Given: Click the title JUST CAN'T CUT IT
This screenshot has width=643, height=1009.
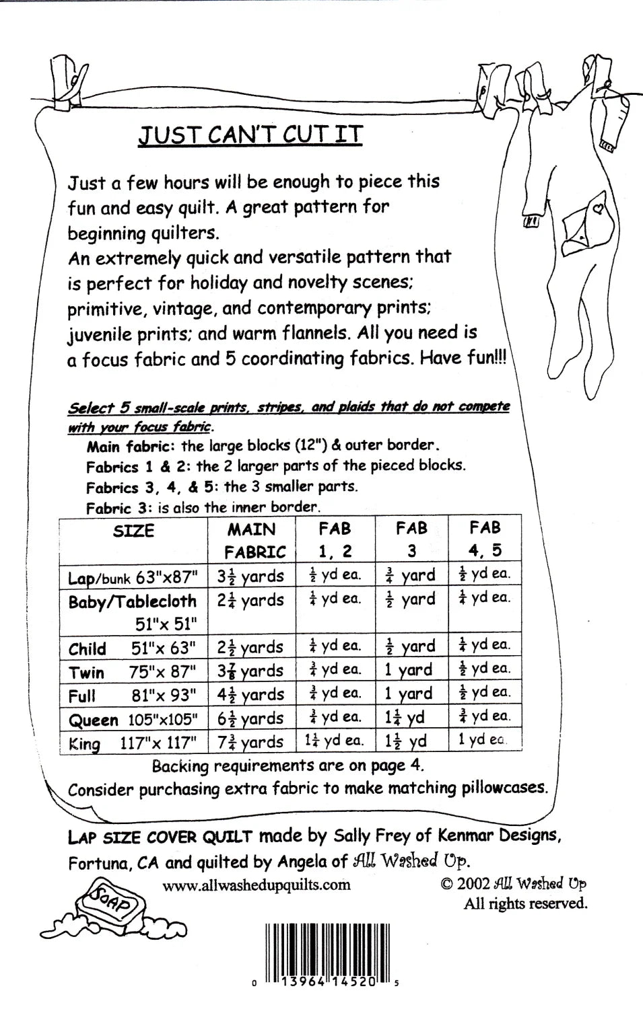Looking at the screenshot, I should [250, 135].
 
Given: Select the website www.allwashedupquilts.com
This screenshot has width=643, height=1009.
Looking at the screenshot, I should [256, 884].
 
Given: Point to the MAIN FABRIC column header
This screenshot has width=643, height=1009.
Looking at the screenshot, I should [255, 540].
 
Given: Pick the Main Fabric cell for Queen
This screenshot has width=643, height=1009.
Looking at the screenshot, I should [250, 718].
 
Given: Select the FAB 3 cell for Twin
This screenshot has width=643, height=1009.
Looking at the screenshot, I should [409, 670].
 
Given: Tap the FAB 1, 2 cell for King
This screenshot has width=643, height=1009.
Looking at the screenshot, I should [335, 741].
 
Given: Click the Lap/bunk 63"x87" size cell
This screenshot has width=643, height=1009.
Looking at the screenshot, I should [133, 577].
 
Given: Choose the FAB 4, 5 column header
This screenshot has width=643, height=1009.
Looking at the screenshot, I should [485, 539].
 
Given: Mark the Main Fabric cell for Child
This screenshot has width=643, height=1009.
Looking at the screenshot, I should [250, 647].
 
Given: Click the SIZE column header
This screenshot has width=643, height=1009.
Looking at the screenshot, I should [133, 531].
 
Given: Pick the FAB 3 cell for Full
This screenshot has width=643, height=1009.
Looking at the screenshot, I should [409, 694].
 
